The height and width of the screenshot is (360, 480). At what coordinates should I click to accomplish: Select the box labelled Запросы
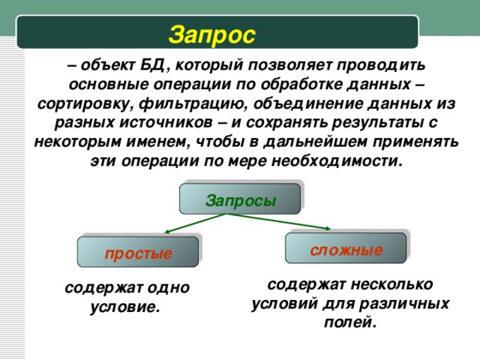[240, 200]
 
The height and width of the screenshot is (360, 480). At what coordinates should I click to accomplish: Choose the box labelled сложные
[346, 249]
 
